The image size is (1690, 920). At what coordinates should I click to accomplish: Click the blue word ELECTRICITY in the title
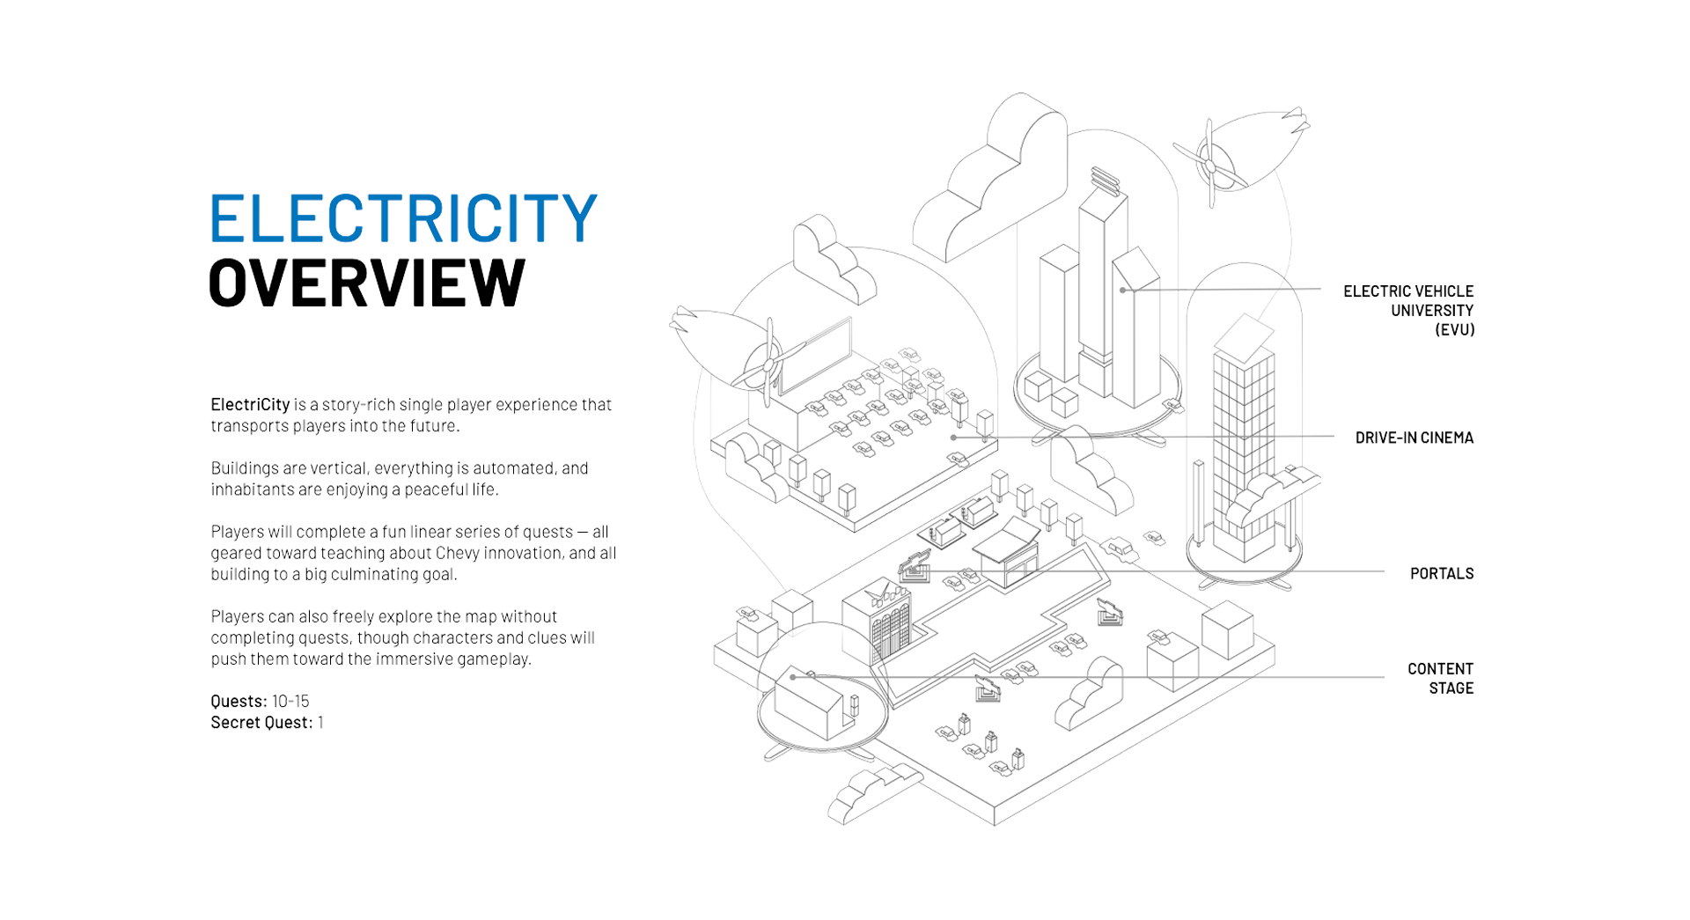[403, 218]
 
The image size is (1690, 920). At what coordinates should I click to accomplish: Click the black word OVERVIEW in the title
[366, 283]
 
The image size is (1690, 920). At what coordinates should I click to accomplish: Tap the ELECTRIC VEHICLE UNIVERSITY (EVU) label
[1408, 310]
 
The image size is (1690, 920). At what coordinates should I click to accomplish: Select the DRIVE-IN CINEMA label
[1414, 438]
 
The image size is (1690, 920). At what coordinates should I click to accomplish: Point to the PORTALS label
[1441, 574]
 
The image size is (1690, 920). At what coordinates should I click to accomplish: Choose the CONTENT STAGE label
[1440, 679]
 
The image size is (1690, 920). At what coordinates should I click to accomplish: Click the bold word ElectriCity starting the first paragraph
[250, 405]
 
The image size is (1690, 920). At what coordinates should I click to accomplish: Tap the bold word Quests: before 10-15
[239, 702]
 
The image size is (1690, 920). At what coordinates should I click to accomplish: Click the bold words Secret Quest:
[261, 723]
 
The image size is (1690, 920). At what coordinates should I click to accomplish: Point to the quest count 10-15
[290, 702]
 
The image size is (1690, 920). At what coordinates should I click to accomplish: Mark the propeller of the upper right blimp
[1210, 166]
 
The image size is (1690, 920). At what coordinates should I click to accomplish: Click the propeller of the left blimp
[768, 364]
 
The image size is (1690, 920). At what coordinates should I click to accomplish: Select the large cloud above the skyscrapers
[990, 180]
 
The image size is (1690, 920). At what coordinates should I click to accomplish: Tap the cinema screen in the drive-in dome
[815, 357]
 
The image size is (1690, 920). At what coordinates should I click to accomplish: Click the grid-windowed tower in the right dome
[1243, 449]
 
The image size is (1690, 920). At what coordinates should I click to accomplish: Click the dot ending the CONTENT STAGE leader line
[793, 677]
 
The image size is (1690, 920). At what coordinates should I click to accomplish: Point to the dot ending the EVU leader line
[1122, 290]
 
